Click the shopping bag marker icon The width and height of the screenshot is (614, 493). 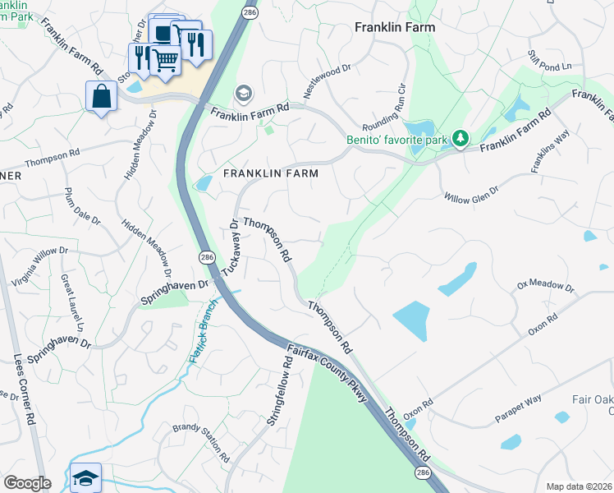[x=101, y=95]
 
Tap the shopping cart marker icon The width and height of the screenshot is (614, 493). [x=166, y=59]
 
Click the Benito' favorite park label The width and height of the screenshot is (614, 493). [x=397, y=140]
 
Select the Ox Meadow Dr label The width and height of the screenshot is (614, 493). [x=546, y=286]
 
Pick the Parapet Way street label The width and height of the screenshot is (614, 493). [x=518, y=409]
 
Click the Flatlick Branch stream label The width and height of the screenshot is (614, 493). [x=205, y=331]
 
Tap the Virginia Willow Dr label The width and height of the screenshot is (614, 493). [x=36, y=265]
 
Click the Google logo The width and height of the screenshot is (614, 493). [x=27, y=483]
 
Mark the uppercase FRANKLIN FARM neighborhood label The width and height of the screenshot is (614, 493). [x=270, y=173]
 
